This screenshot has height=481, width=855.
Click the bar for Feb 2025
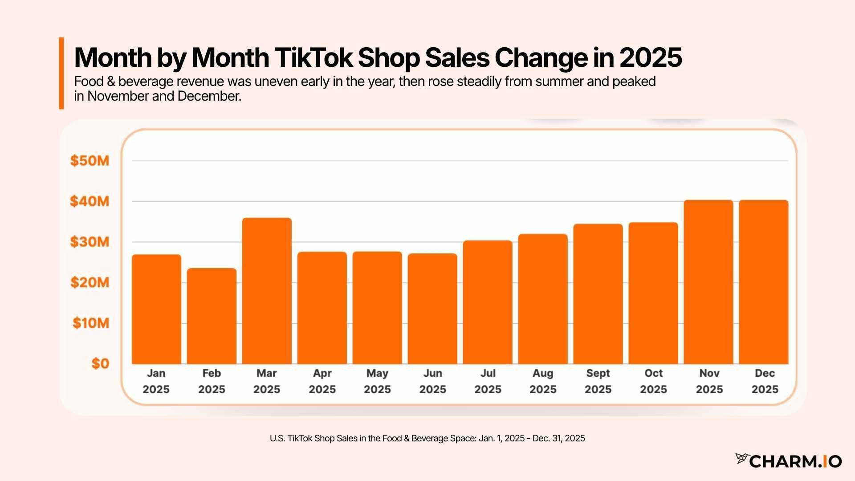click(212, 316)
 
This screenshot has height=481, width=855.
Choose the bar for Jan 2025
click(156, 309)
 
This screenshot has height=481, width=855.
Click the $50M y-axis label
click(90, 161)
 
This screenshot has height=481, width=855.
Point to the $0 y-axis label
click(100, 364)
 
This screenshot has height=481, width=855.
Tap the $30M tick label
click(90, 242)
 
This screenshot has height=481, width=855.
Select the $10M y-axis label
click(91, 323)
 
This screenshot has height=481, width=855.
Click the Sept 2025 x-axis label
click(598, 381)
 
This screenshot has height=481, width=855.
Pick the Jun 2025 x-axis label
click(432, 381)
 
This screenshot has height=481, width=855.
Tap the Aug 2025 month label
click(543, 381)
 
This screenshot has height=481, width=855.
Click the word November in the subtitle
click(118, 96)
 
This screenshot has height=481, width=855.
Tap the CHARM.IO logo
click(788, 461)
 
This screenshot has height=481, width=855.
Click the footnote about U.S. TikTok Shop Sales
click(427, 438)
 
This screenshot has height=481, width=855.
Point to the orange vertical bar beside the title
click(61, 73)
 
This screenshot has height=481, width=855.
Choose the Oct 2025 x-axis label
click(653, 381)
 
